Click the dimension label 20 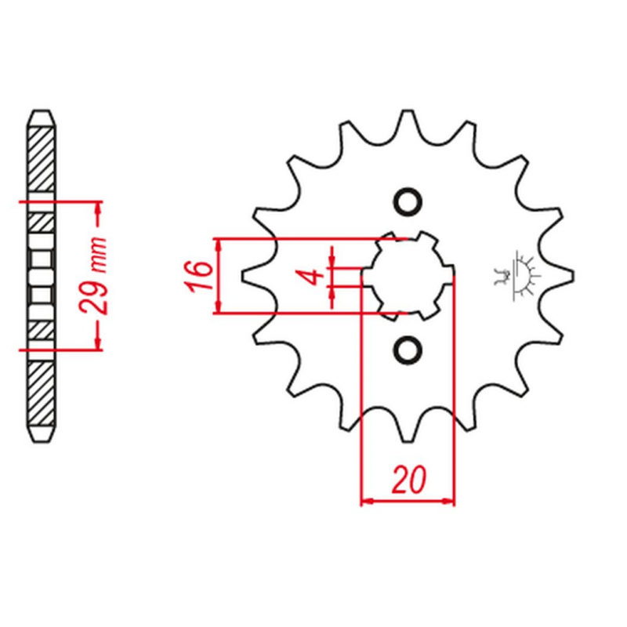408,479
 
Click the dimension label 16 198,276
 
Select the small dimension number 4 314,276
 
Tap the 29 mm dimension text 93,276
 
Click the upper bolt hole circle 408,201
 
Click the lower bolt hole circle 408,350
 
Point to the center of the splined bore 408,276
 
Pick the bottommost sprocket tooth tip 408,440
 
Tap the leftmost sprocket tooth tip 245,276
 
